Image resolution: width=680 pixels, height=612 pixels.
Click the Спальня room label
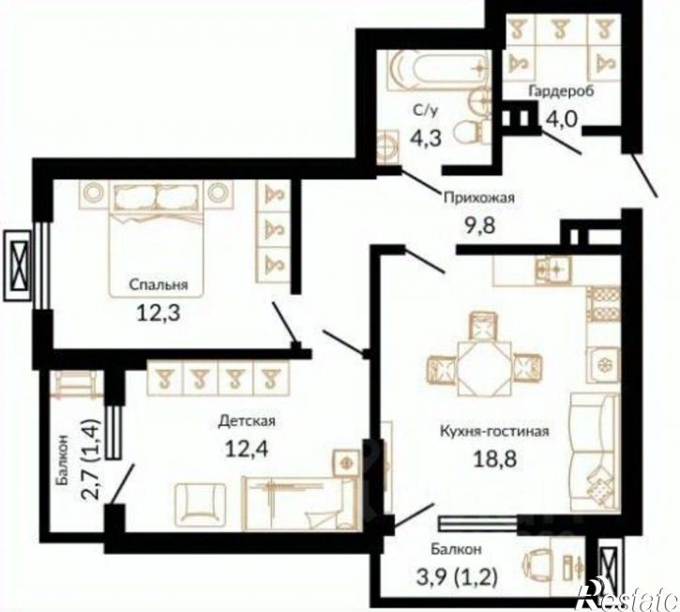tap(159, 285)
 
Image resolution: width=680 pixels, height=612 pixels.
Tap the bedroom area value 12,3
tap(158, 313)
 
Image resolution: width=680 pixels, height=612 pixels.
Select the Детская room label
tap(247, 421)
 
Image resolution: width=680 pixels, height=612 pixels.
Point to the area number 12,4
tap(247, 449)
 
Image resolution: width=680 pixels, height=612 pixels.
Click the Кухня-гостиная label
tap(495, 432)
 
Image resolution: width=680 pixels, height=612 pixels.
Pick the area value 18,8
tap(495, 459)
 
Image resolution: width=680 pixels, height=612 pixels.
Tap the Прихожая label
tap(478, 198)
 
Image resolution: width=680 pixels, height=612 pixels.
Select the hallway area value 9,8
tap(479, 225)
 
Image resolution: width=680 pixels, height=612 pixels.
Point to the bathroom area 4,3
tap(426, 138)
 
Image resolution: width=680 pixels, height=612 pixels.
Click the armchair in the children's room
tap(201, 504)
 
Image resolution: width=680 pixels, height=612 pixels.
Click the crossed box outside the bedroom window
tap(17, 266)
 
